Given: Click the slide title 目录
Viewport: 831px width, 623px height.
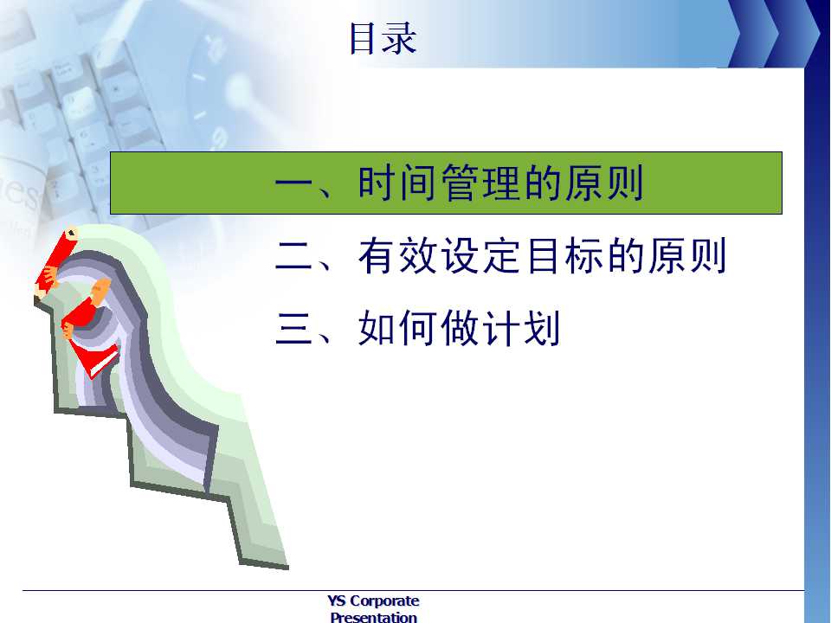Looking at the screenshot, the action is (383, 38).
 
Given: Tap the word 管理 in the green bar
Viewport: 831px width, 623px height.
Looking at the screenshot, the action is (480, 183).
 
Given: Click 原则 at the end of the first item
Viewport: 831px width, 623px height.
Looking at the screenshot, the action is (604, 183).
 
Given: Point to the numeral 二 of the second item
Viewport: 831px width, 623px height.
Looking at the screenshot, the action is (294, 256).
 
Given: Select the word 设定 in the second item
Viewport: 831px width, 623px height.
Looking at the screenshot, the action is (480, 256).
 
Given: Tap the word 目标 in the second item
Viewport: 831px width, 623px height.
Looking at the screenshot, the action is (563, 256).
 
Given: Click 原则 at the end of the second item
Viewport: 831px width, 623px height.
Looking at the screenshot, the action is (686, 256).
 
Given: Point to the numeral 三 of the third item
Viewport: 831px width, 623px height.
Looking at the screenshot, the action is (294, 329).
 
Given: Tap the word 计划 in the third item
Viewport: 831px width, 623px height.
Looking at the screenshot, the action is (521, 329).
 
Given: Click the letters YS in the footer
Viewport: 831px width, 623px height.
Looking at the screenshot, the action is (337, 601).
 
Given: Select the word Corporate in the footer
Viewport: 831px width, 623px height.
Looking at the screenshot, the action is (384, 601).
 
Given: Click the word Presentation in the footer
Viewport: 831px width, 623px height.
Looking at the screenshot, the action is (374, 617).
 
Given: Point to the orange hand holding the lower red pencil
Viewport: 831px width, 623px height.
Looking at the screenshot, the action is (100, 292).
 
